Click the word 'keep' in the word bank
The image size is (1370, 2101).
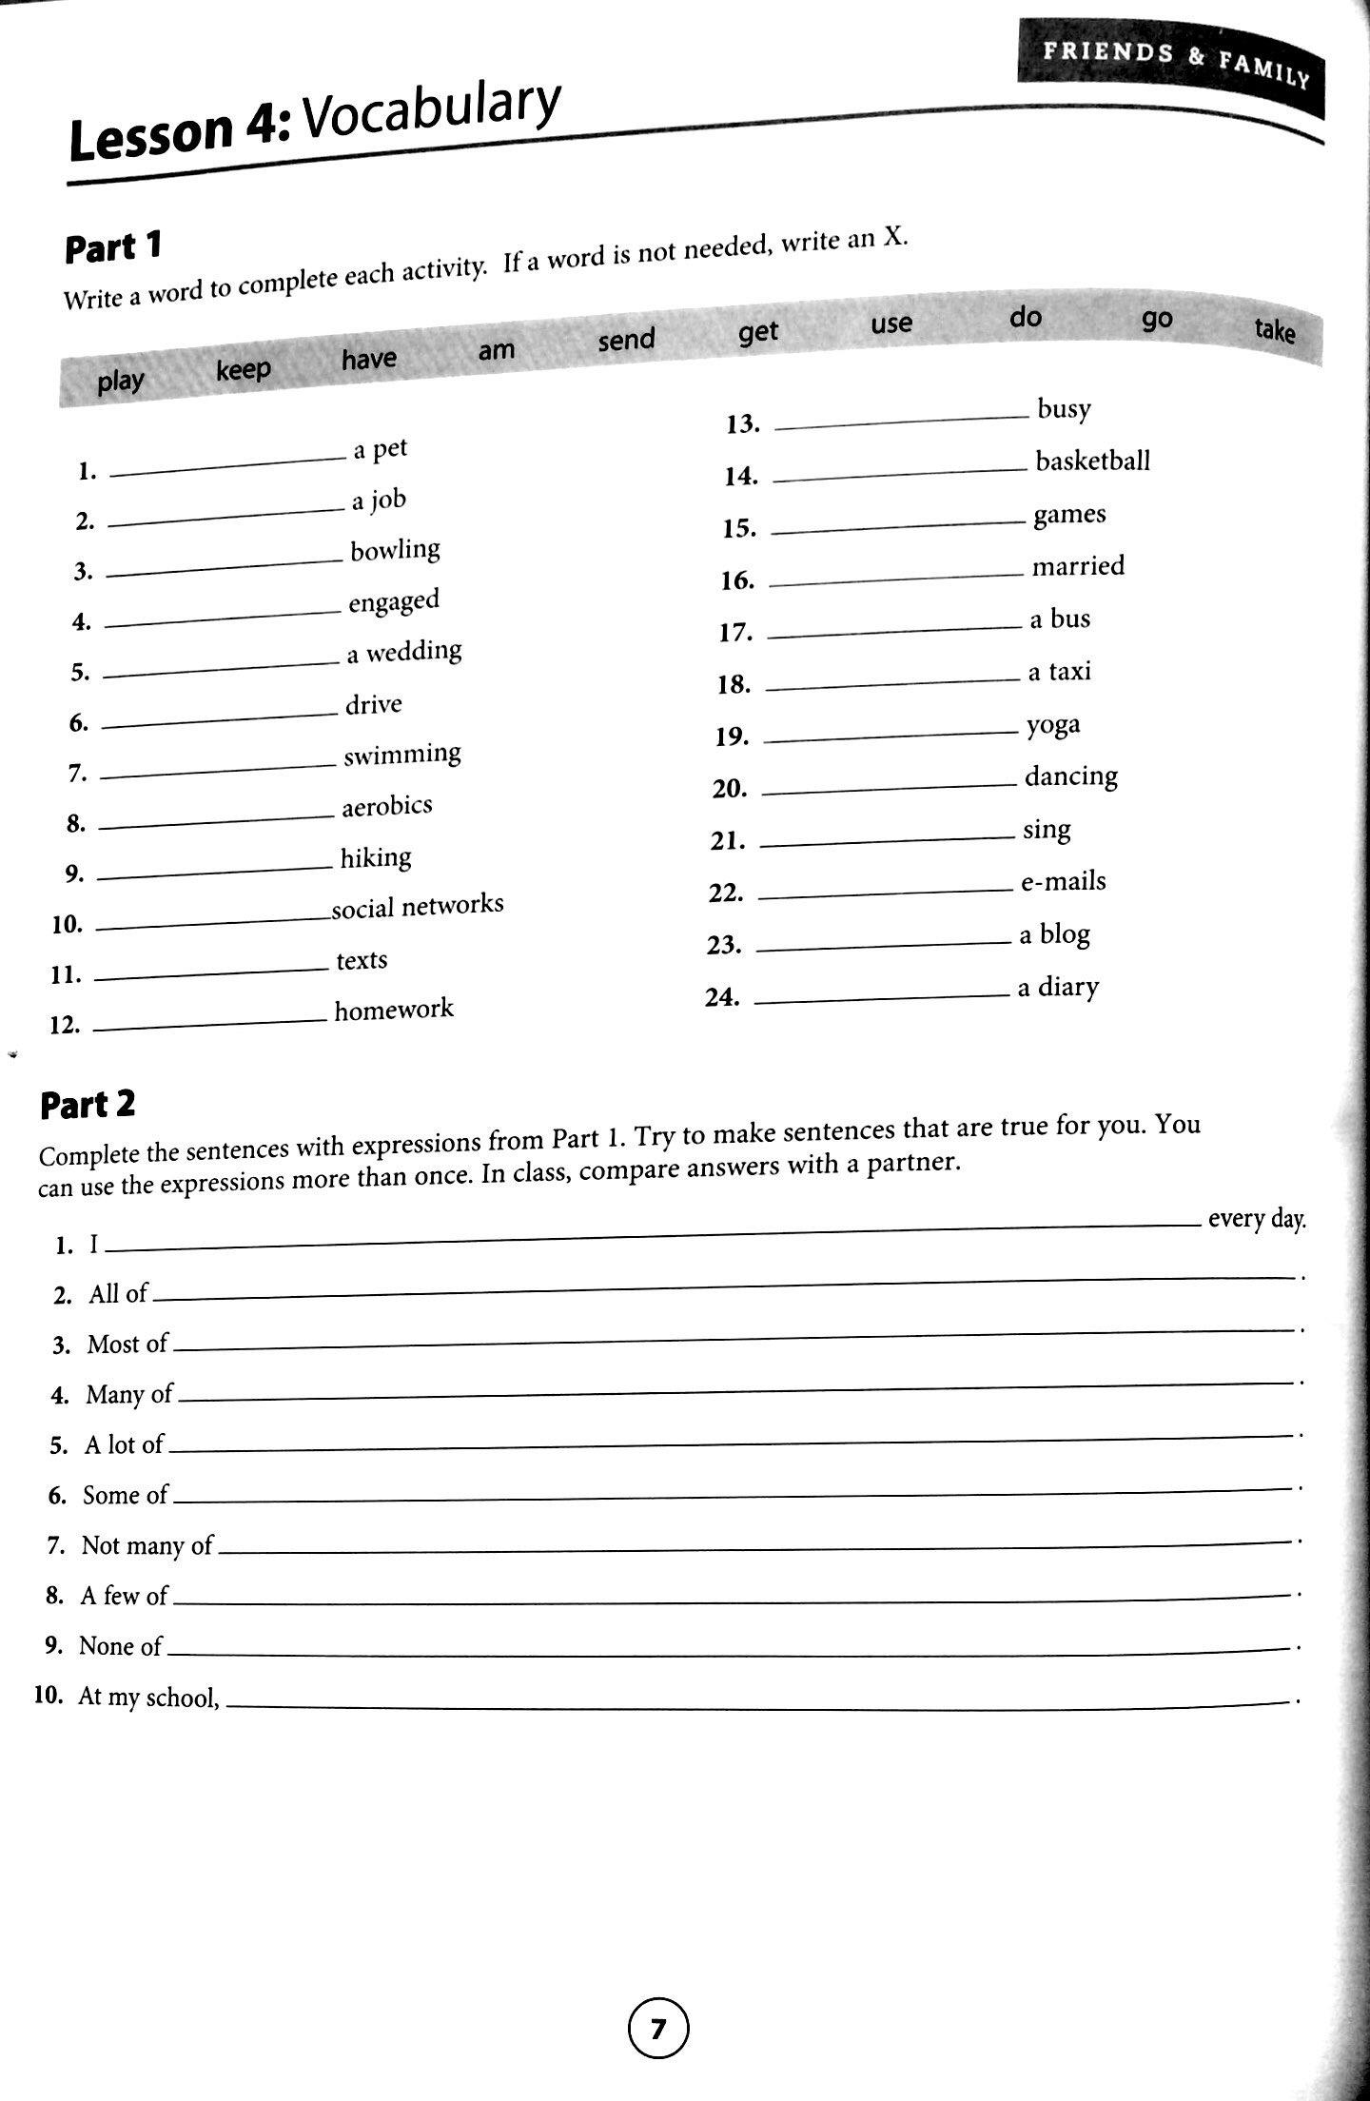coord(243,369)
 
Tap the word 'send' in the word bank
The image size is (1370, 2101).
coord(626,340)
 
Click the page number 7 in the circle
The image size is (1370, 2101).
coord(658,2028)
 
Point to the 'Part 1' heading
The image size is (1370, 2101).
coord(113,247)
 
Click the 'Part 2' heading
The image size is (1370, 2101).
coord(88,1104)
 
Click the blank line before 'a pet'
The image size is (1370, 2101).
coord(228,464)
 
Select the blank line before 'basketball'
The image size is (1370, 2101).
coord(900,474)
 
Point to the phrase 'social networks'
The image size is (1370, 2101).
coord(417,905)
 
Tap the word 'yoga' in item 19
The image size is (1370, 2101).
coord(1053,726)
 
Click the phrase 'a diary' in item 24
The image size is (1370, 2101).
coord(1058,988)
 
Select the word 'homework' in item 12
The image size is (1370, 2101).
coord(393,1010)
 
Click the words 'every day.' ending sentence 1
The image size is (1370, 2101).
coord(1256,1219)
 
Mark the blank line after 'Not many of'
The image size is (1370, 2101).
coord(752,1544)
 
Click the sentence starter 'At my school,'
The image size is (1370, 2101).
coord(148,1697)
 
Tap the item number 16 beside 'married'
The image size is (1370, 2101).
coord(737,580)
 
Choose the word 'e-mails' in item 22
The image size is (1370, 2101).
coord(1063,882)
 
